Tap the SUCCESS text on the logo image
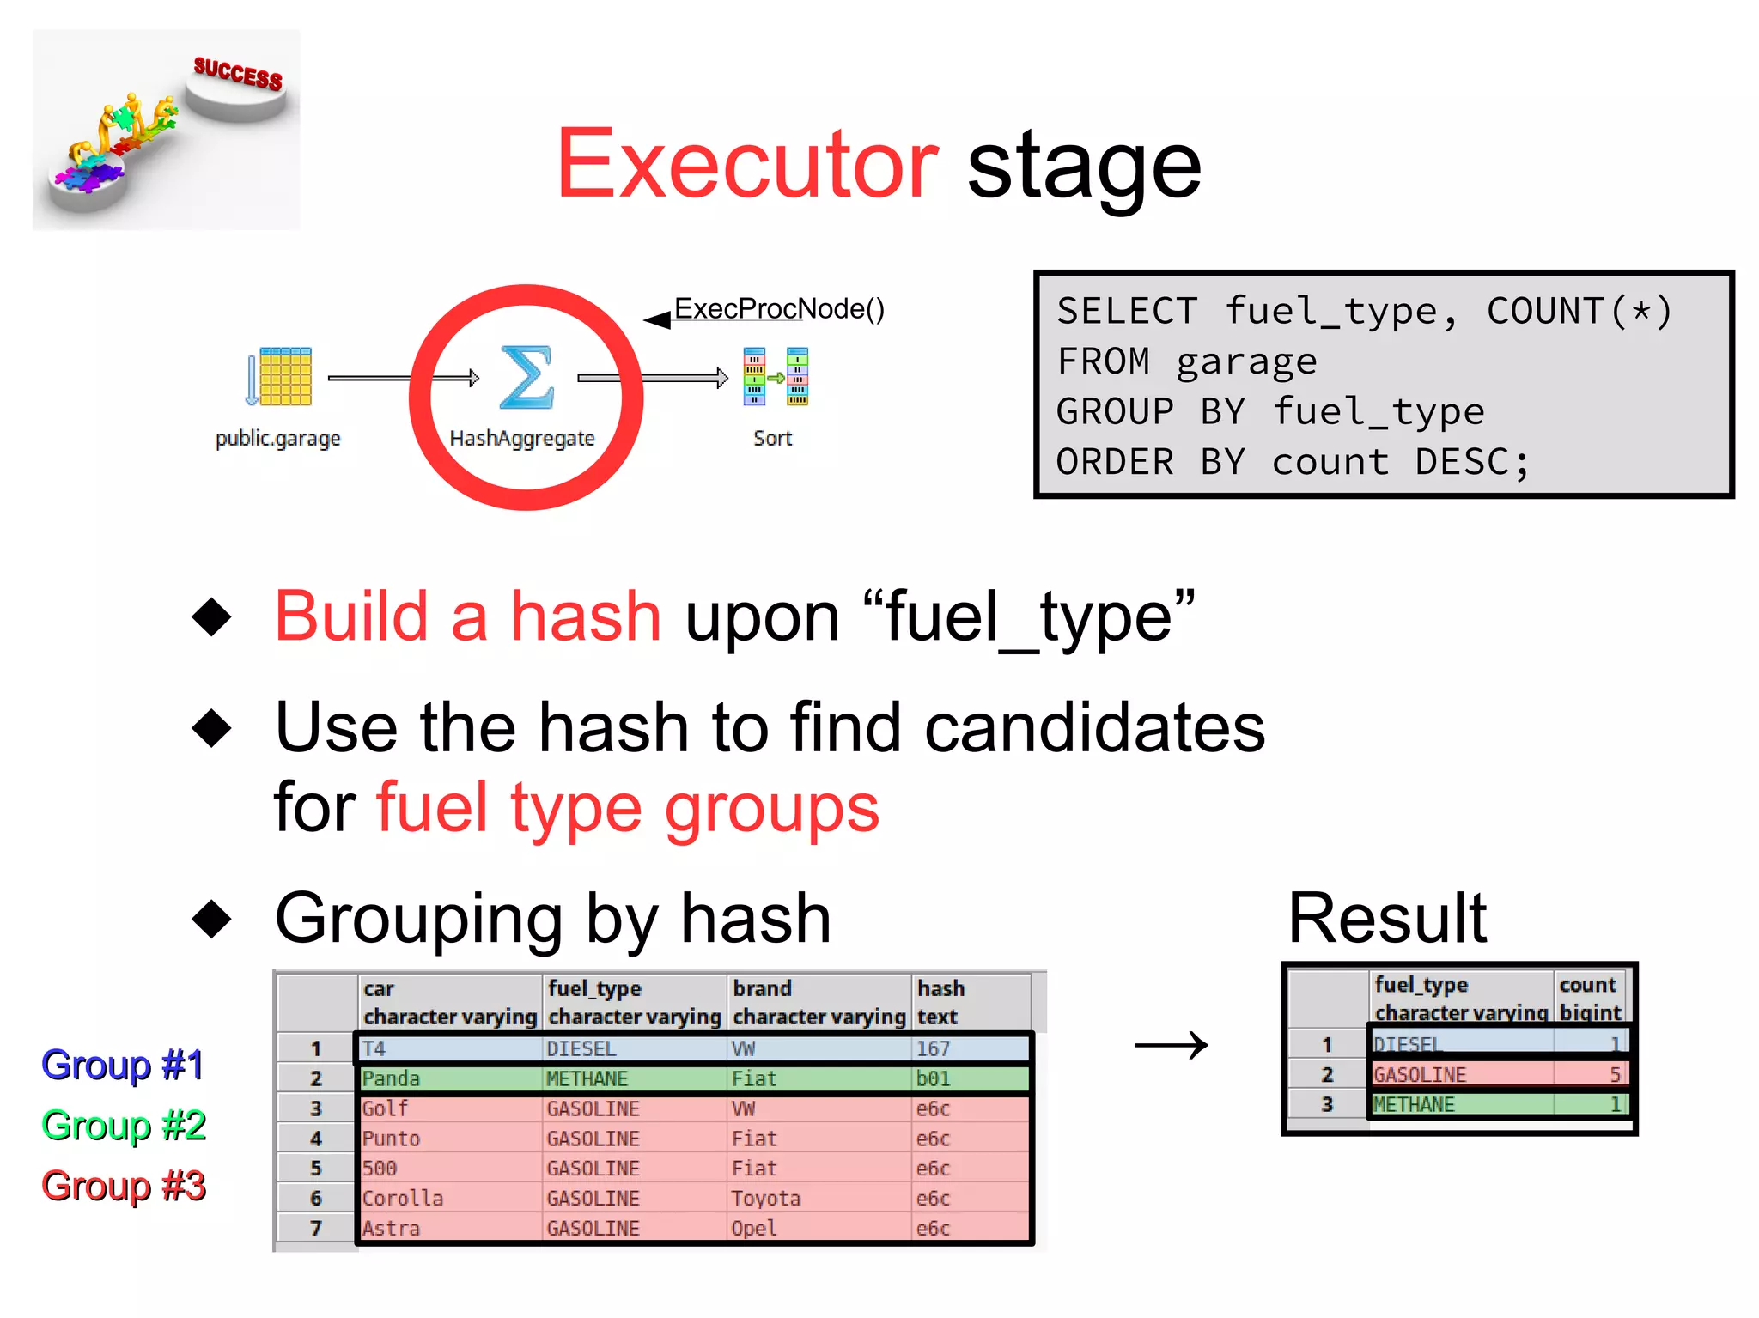coord(238,74)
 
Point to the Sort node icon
coord(775,376)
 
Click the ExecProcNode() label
coord(778,309)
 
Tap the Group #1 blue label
coord(123,1065)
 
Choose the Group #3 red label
coord(123,1186)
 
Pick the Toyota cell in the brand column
coord(766,1198)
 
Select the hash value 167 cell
coord(934,1048)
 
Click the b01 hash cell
coord(934,1078)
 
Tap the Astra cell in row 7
coord(392,1228)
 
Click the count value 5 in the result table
coord(1614,1074)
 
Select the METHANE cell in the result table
coord(1415,1104)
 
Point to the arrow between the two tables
coord(1171,1045)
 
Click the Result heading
coord(1387,919)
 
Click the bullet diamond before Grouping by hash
coord(211,919)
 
